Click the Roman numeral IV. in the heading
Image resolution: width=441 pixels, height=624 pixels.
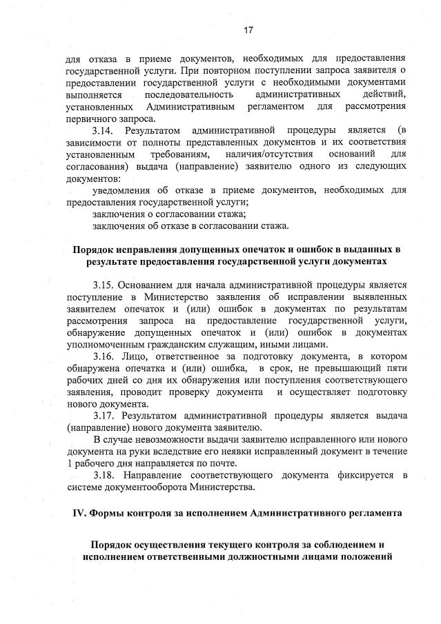click(80, 513)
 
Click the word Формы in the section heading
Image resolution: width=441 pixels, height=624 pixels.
click(110, 513)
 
